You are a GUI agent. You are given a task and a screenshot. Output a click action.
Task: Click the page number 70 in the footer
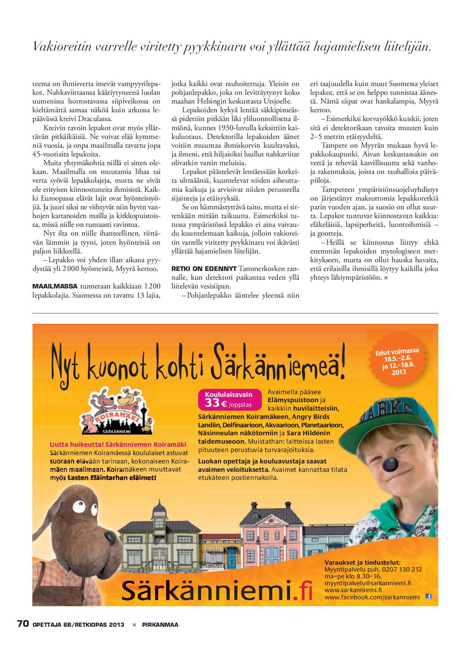click(x=23, y=624)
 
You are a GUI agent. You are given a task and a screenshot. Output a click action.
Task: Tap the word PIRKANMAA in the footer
click(x=160, y=624)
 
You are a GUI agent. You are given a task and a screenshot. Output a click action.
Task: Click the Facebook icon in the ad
click(x=428, y=596)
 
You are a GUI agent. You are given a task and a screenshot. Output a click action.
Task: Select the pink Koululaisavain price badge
click(x=230, y=399)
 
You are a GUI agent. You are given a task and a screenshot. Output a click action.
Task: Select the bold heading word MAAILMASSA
click(x=55, y=286)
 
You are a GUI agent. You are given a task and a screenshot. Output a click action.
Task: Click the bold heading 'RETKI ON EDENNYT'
click(x=204, y=269)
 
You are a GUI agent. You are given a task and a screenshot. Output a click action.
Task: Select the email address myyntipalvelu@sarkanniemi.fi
click(x=368, y=583)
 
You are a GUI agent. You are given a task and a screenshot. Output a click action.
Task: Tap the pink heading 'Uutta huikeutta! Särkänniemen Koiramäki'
click(x=118, y=444)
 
